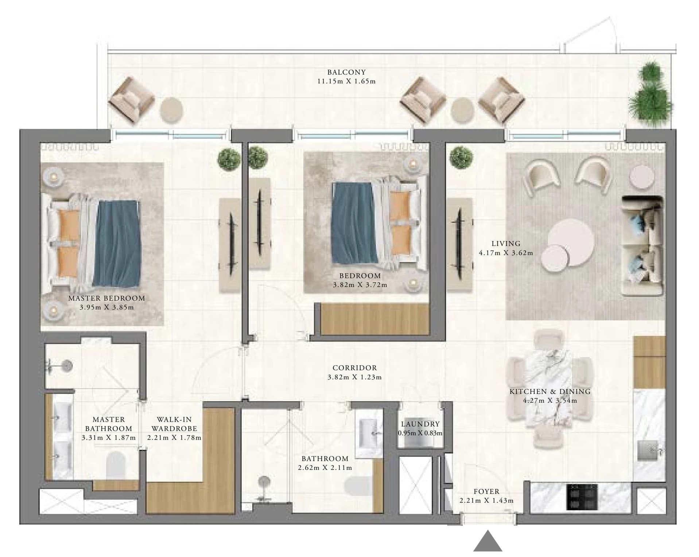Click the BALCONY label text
[x=346, y=72]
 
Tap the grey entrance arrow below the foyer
[x=488, y=541]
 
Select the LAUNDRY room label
[x=420, y=424]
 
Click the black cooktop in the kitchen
[x=582, y=497]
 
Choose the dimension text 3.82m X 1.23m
[x=354, y=377]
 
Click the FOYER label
[x=486, y=492]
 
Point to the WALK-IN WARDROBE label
[x=174, y=424]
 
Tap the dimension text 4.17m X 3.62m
[x=506, y=253]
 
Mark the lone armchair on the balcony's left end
[x=131, y=99]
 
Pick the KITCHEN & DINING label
[x=550, y=392]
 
